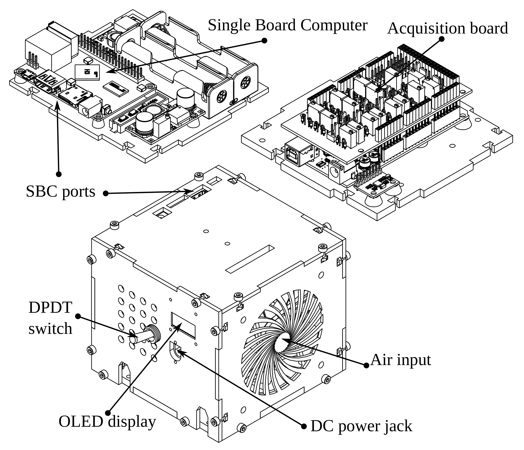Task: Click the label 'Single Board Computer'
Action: click(287, 25)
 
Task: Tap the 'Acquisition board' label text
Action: click(447, 28)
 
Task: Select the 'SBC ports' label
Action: click(60, 192)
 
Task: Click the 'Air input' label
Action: click(401, 360)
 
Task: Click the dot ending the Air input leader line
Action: click(366, 365)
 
